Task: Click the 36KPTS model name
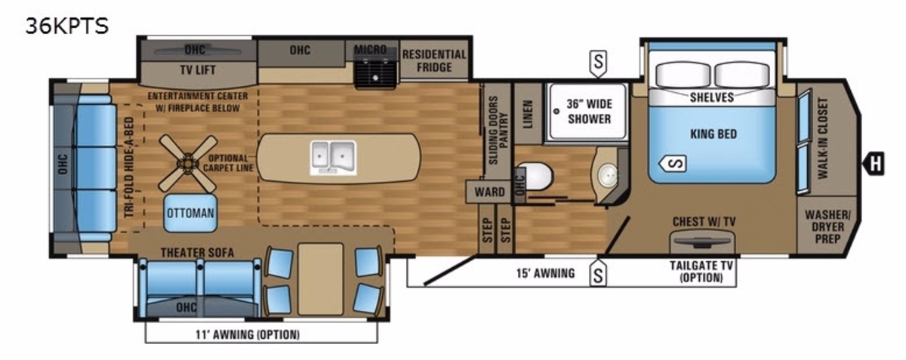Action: click(67, 26)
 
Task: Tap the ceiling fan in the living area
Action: click(188, 164)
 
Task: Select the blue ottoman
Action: click(190, 213)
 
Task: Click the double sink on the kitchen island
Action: click(333, 158)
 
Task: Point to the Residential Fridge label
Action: click(434, 60)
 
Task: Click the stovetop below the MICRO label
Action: click(375, 71)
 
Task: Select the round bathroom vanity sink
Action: click(607, 175)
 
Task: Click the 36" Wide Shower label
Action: click(589, 111)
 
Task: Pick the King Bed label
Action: click(713, 134)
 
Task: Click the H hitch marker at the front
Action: click(874, 164)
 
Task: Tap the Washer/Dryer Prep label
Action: click(827, 226)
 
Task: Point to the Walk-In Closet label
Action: click(823, 138)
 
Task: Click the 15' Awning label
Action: click(546, 273)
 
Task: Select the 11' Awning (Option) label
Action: click(248, 334)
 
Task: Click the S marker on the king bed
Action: click(672, 164)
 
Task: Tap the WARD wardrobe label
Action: click(489, 192)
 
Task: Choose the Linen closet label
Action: click(528, 115)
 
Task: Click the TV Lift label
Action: click(198, 70)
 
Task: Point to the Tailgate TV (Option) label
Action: click(701, 272)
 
